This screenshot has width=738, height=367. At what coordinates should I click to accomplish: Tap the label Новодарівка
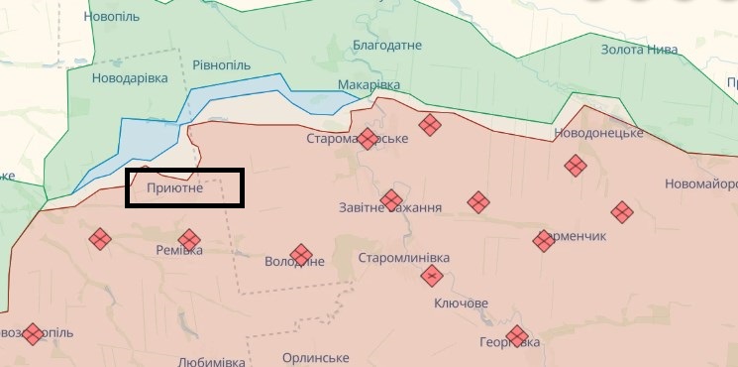(x=130, y=78)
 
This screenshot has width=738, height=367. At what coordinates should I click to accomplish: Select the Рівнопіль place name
(x=220, y=65)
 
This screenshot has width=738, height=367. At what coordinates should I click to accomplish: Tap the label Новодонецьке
(x=599, y=132)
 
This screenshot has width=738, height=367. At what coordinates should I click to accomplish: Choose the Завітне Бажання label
(x=390, y=208)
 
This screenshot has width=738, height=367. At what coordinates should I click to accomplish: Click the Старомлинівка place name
(x=403, y=258)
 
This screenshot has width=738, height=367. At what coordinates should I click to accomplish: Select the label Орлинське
(x=315, y=357)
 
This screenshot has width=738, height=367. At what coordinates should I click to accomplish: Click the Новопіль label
(x=112, y=18)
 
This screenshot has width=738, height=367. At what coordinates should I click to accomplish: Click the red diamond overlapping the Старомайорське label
(x=368, y=139)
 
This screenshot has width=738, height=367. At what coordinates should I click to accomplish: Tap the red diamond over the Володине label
(x=300, y=255)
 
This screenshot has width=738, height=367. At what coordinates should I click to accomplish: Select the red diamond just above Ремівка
(x=188, y=239)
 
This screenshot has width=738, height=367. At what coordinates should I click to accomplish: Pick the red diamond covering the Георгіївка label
(x=515, y=336)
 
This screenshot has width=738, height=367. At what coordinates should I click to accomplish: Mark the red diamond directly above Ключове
(x=432, y=276)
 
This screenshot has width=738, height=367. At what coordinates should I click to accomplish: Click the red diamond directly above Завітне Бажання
(x=391, y=198)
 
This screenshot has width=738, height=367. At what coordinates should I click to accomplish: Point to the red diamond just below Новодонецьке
(x=575, y=166)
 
